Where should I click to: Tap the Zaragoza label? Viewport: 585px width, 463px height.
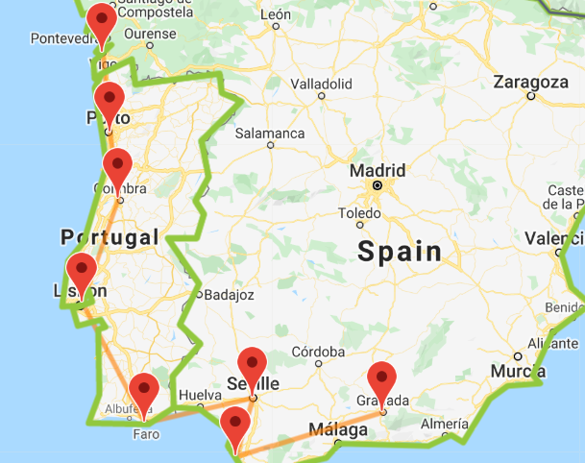click(530, 83)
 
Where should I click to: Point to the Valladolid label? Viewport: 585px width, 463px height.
click(321, 84)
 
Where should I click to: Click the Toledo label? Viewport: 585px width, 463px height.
click(359, 212)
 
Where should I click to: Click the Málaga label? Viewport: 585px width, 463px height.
click(337, 431)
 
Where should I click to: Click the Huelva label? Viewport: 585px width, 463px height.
click(200, 394)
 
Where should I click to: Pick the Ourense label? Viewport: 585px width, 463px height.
click(156, 34)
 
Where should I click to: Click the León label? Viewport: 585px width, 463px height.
click(275, 15)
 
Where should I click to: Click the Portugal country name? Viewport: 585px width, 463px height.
click(109, 237)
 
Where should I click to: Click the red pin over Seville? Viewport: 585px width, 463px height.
click(252, 365)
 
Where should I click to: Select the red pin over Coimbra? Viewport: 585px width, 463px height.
click(117, 166)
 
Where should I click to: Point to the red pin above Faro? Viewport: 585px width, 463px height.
click(144, 392)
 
